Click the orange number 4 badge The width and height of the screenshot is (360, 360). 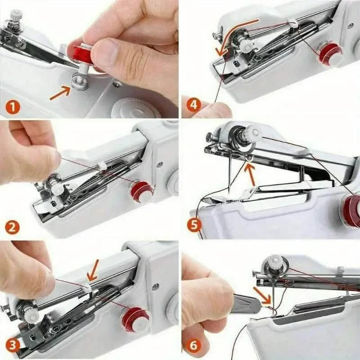point(193,106)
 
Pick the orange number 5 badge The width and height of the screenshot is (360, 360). point(194,225)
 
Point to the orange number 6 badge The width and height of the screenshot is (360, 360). point(193,346)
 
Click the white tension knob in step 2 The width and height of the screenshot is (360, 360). point(57,189)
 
